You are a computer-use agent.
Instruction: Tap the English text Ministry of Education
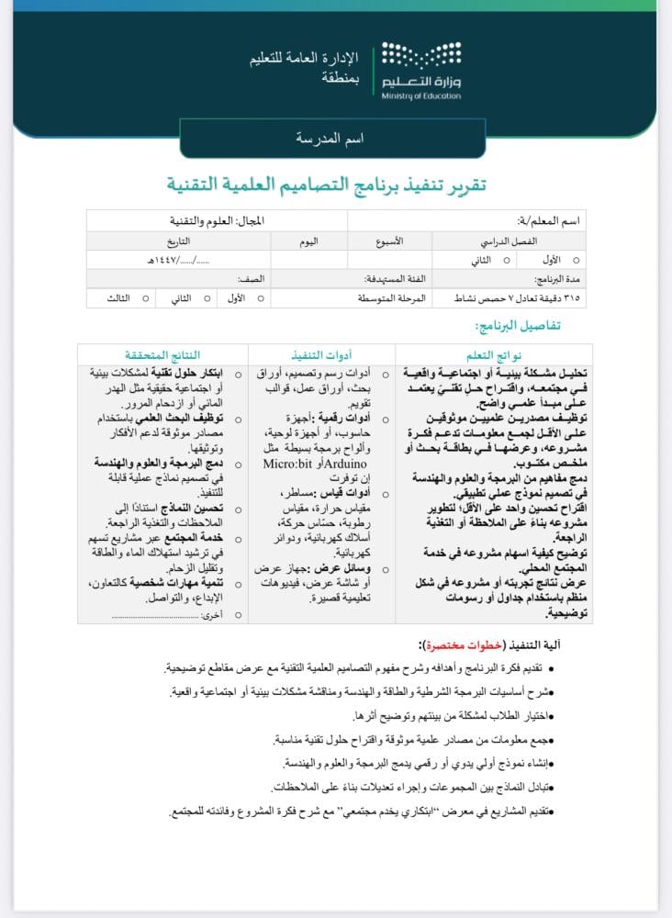click(422, 95)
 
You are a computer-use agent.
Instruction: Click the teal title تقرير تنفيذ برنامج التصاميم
click(327, 185)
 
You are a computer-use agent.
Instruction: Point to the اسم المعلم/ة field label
click(550, 221)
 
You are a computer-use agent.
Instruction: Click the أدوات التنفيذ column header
click(321, 355)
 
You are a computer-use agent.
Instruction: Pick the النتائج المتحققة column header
click(162, 355)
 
